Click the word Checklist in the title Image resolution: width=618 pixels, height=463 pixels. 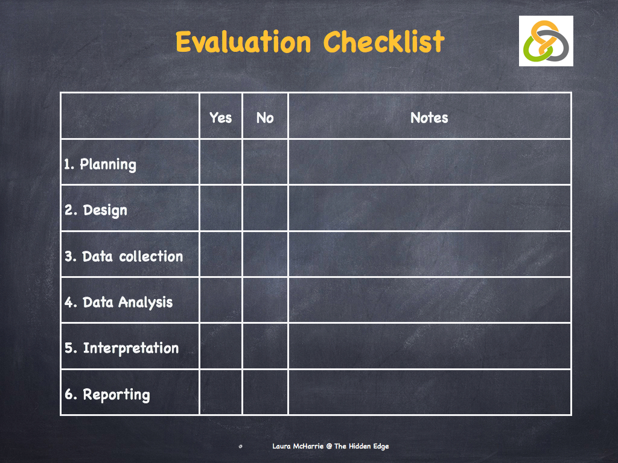tap(384, 42)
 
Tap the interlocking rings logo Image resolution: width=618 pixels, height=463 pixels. tap(546, 41)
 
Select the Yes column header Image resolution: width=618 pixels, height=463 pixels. tap(220, 118)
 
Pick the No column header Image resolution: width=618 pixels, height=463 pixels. tap(265, 118)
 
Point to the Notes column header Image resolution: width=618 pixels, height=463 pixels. tap(429, 118)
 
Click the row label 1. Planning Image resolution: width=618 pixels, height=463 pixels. tap(101, 164)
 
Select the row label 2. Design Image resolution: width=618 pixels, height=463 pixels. tap(97, 210)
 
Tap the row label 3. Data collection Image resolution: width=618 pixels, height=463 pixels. tap(124, 256)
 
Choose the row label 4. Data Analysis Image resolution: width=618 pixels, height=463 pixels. tap(119, 302)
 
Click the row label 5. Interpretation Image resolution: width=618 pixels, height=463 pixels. tap(122, 348)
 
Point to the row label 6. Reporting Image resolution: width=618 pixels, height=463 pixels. tap(107, 395)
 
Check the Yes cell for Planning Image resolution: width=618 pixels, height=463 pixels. tap(220, 162)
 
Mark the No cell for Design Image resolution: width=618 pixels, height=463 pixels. tap(265, 208)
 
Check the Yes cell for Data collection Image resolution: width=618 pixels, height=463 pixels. tap(220, 254)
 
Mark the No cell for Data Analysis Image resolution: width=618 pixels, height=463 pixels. tap(265, 300)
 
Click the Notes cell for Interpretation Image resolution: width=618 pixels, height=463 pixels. tap(429, 346)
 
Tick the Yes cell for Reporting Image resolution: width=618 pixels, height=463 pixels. tap(220, 392)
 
